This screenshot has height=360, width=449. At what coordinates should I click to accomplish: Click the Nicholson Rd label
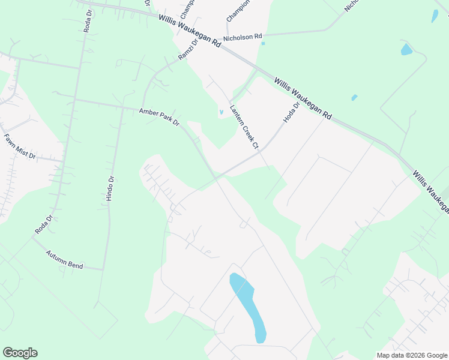243,37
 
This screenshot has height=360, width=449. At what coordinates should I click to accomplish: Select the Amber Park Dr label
160,116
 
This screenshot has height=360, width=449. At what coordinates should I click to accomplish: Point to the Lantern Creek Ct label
244,127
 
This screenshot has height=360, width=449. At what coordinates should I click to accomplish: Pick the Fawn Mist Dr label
20,146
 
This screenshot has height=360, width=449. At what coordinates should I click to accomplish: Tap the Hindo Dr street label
110,188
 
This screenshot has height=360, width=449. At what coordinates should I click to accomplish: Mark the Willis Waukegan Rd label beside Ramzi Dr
189,30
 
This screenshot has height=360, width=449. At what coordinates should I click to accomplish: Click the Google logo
20,353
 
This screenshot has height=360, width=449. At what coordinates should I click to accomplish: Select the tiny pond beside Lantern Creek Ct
221,112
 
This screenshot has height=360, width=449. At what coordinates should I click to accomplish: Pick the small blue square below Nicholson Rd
263,43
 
